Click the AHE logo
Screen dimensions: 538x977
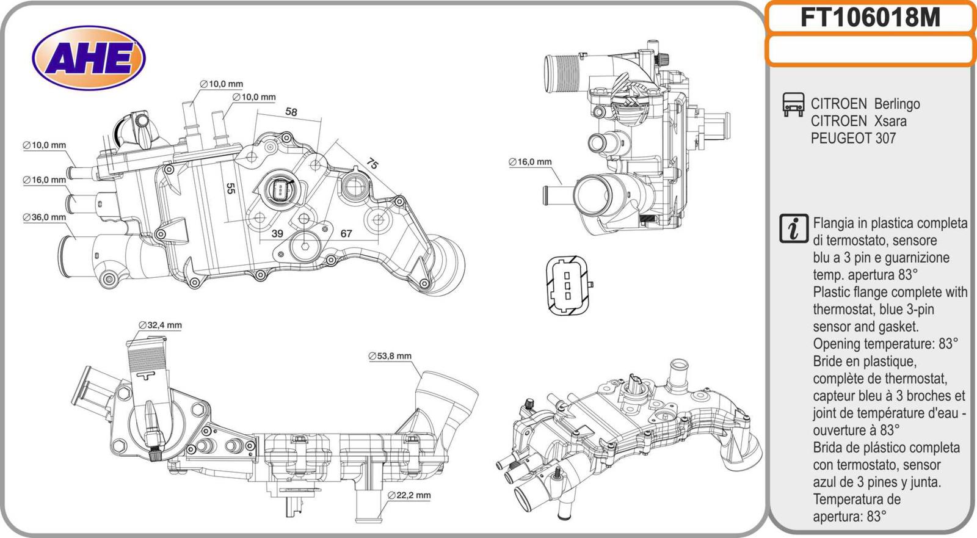pyautogui.click(x=89, y=59)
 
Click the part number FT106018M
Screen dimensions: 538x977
pyautogui.click(x=870, y=18)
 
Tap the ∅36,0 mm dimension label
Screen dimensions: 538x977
pyautogui.click(x=44, y=217)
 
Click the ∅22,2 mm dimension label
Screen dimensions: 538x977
pyautogui.click(x=409, y=495)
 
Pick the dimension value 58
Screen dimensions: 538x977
pyautogui.click(x=291, y=112)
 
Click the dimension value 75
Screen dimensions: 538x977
pyautogui.click(x=372, y=164)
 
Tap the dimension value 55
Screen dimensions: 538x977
pyautogui.click(x=230, y=189)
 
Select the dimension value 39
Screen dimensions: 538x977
pyautogui.click(x=277, y=234)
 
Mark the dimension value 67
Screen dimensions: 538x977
pyautogui.click(x=346, y=234)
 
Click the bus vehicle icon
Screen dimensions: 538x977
pyautogui.click(x=793, y=104)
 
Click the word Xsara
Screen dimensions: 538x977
pyautogui.click(x=890, y=121)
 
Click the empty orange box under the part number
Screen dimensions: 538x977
pyautogui.click(x=870, y=50)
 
